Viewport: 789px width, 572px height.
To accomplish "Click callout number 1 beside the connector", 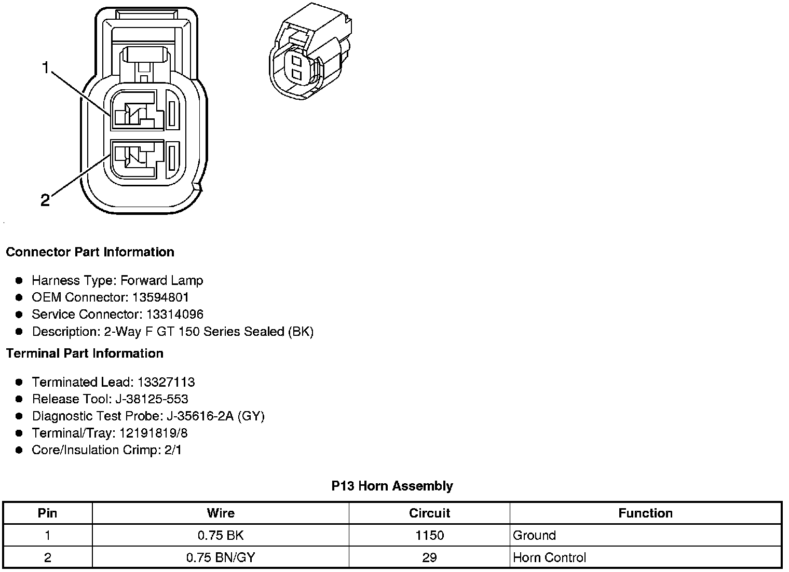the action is [46, 67].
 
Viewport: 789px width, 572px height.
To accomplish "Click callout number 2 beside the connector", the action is [45, 200].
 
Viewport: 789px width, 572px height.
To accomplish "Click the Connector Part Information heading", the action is [90, 252].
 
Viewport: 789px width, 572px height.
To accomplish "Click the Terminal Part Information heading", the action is [85, 353].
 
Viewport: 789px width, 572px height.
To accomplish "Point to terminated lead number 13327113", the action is [166, 383].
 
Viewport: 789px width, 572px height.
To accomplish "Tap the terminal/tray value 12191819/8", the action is [154, 433].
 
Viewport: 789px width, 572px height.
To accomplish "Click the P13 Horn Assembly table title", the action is [392, 486].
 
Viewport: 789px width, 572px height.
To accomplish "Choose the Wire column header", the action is [221, 513].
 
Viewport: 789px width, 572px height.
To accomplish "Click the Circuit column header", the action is [429, 513].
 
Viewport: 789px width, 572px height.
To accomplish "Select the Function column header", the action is [645, 513].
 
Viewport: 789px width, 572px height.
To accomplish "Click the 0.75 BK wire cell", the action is [221, 536].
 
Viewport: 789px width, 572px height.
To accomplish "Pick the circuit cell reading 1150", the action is [429, 536].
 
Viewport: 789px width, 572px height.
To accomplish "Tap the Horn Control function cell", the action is [549, 558].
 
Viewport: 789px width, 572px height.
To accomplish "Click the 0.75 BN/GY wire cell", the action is [221, 558].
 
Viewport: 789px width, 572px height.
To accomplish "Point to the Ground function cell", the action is [534, 536].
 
